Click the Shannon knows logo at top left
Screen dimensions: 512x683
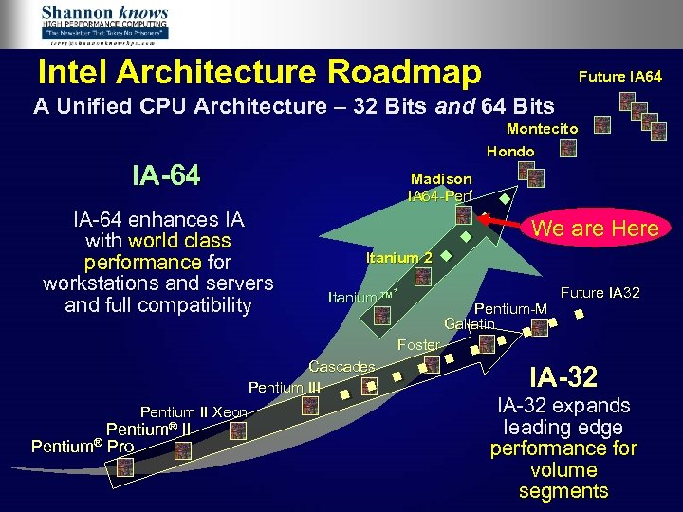105,25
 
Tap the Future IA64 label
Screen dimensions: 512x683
621,76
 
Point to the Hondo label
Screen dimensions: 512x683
510,152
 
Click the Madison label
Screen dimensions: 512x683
441,178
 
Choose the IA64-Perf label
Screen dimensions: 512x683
439,195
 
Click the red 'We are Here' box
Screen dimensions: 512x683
595,228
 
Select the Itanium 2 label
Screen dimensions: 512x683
399,258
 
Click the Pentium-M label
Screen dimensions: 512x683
510,308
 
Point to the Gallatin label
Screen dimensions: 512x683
470,324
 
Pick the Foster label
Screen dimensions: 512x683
418,344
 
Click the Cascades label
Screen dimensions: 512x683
342,367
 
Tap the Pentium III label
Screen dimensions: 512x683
285,387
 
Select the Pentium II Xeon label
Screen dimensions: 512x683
194,411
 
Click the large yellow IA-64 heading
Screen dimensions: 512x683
166,175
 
